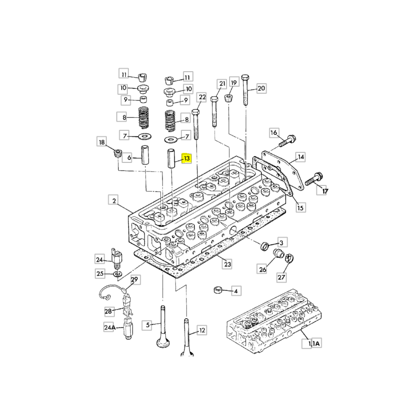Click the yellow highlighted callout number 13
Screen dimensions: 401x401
tap(186, 159)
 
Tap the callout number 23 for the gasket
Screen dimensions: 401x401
tap(228, 264)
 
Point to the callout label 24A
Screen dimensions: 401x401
tap(109, 328)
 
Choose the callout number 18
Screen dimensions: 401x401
tap(102, 143)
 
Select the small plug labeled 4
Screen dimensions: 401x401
tap(218, 290)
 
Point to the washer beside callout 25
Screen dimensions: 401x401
tap(116, 274)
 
